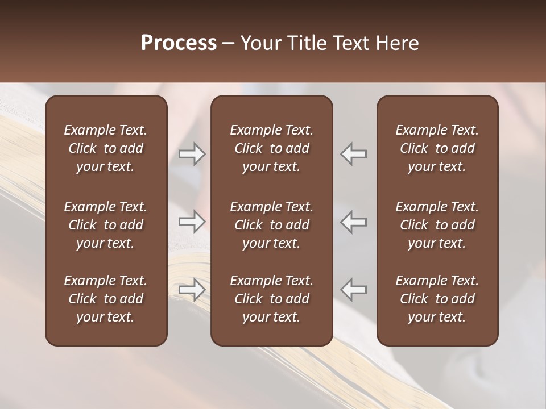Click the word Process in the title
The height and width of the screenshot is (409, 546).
point(179,43)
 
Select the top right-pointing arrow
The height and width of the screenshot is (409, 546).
point(192,154)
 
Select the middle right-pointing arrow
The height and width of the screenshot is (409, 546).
point(192,222)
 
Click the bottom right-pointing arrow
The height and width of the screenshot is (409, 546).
point(192,290)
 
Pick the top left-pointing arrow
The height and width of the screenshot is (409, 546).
point(354,154)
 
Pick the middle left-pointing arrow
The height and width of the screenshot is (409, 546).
point(354,222)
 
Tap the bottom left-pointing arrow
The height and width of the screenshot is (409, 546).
point(354,290)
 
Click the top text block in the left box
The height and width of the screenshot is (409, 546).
point(106,148)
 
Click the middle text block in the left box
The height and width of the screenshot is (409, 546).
point(106,225)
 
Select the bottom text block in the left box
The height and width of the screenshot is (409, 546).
point(106,299)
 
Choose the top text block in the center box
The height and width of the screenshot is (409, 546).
point(271,148)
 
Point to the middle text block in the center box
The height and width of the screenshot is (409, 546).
point(271,225)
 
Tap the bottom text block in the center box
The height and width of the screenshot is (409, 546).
point(271,299)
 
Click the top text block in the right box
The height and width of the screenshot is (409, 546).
point(437,148)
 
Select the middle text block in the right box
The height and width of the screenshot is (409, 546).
point(437,225)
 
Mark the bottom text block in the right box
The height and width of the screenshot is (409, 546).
point(437,299)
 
